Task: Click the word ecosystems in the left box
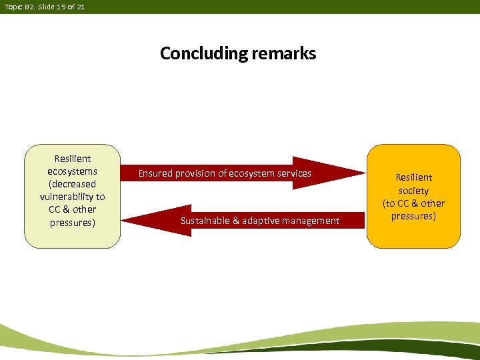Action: [x=72, y=171]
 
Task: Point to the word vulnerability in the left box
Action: [x=72, y=197]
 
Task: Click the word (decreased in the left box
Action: [x=72, y=184]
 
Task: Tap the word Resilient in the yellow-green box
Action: [x=72, y=159]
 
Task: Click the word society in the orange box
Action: [x=413, y=191]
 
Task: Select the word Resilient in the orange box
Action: [x=413, y=177]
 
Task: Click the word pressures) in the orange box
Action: [x=413, y=216]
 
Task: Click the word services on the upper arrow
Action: [x=293, y=173]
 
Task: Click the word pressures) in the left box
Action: [x=72, y=222]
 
